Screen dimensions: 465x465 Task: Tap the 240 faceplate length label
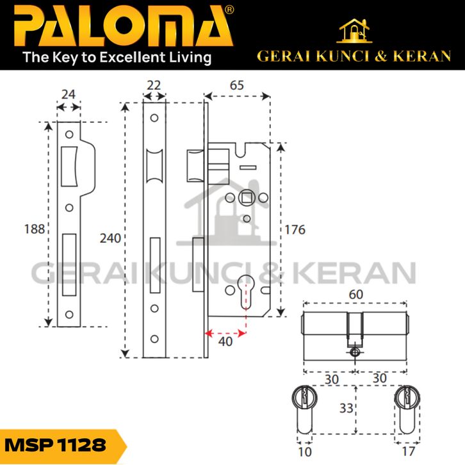coord(110,238)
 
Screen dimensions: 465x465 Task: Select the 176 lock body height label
coord(295,229)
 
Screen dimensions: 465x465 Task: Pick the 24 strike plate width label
coord(68,94)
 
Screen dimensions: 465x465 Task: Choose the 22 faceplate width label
coord(153,85)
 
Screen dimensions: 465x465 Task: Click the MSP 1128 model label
coord(55,445)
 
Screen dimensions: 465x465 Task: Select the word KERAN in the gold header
coord(423,56)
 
